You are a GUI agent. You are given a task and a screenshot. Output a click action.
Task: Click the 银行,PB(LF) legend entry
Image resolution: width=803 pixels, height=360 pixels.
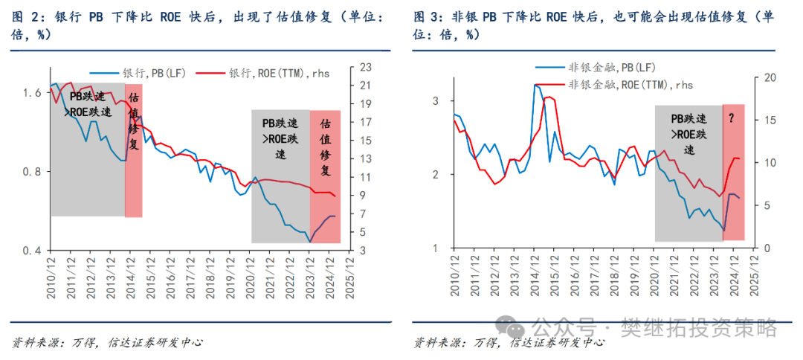152,73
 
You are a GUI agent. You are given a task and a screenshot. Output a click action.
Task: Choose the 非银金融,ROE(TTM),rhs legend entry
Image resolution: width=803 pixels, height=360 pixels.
630,84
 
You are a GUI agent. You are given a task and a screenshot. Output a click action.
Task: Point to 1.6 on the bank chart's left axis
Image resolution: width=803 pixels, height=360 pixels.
32,93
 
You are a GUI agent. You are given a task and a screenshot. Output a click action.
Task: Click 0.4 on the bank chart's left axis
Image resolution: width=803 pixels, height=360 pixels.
32,251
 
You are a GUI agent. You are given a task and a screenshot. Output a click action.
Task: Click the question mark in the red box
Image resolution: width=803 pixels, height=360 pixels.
733,117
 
